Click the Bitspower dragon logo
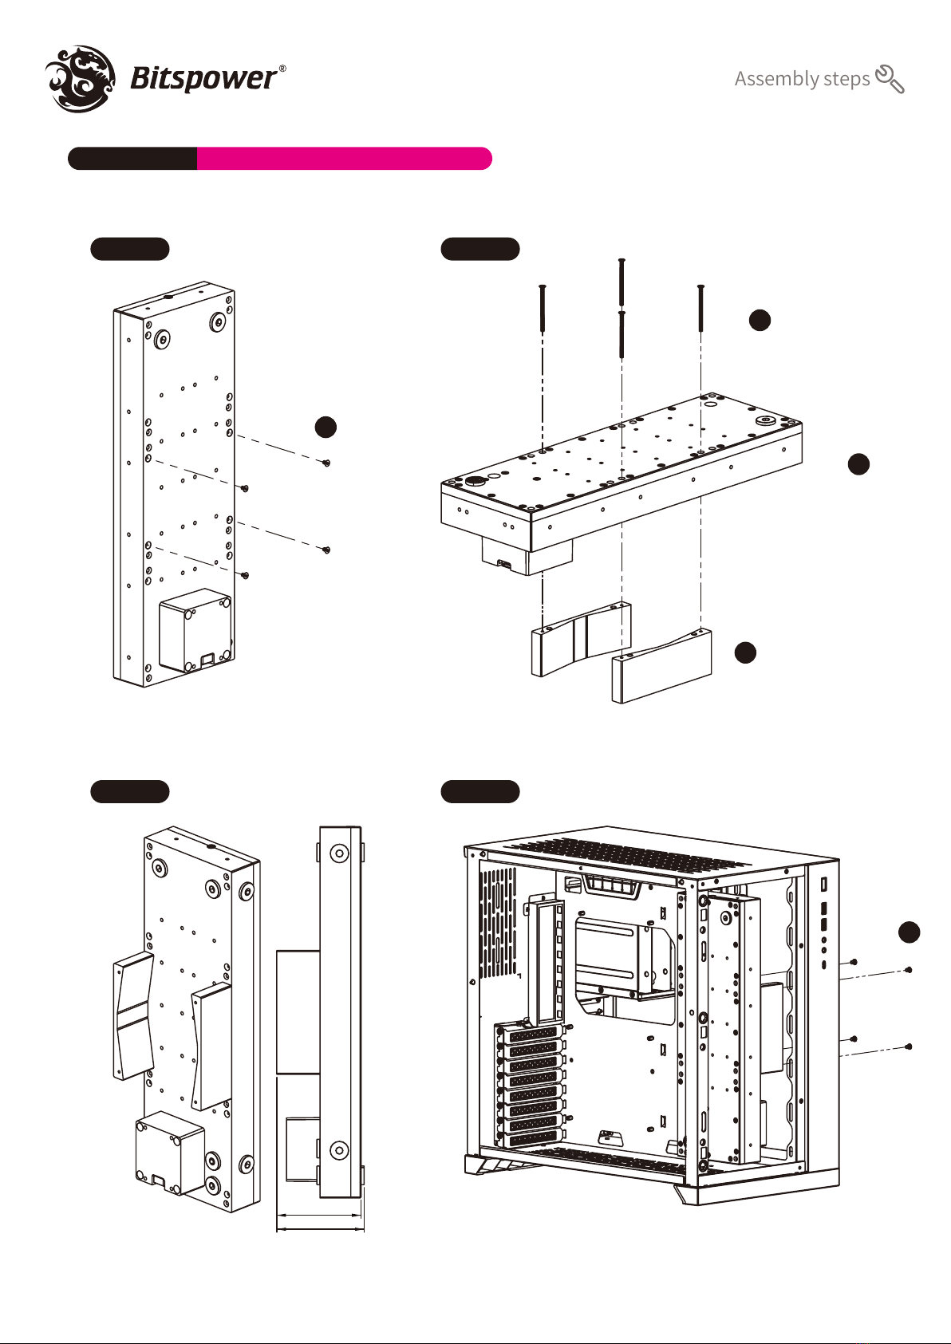click(x=81, y=77)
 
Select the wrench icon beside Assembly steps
click(x=890, y=79)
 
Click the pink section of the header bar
click(x=343, y=159)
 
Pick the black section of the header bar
click(x=132, y=159)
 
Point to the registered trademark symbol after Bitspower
click(x=282, y=69)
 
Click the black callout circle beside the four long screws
click(x=760, y=320)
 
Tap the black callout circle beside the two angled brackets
click(x=745, y=652)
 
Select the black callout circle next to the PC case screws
click(x=909, y=932)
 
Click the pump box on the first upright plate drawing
click(x=195, y=631)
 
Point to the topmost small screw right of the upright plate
click(x=326, y=463)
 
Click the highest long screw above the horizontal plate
click(x=622, y=282)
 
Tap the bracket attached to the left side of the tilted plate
click(x=134, y=1015)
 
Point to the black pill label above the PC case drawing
click(x=480, y=791)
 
